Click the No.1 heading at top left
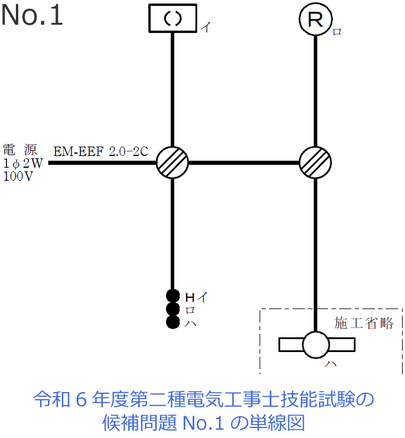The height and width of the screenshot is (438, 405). point(32,16)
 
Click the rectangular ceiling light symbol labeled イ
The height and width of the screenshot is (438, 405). point(172,19)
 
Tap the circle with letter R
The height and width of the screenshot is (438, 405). point(316,20)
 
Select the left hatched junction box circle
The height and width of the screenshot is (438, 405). point(172,162)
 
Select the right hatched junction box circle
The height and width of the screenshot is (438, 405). point(316,162)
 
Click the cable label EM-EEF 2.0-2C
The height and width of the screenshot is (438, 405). point(101,151)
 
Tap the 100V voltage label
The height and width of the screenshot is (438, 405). point(19,176)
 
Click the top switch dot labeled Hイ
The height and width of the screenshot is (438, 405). point(172,296)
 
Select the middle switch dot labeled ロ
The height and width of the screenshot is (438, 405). point(172,309)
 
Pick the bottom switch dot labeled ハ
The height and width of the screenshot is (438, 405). point(172,322)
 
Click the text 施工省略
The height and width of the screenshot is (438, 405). point(364,323)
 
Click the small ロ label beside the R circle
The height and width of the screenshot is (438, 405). point(337,32)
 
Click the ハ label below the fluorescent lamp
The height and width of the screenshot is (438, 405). point(332,365)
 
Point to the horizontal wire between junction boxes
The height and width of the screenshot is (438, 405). point(244,162)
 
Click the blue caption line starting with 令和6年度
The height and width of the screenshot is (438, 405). point(204,400)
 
